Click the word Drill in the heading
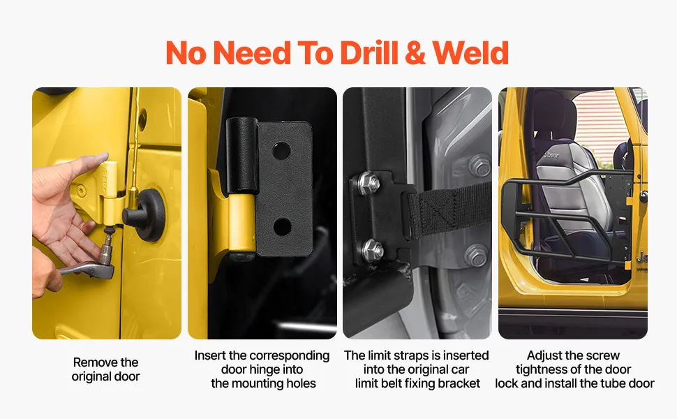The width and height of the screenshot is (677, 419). [x=369, y=53]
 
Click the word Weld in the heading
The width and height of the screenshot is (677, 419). [x=470, y=53]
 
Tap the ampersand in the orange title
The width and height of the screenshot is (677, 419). [x=415, y=53]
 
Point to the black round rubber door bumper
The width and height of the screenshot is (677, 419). [x=146, y=214]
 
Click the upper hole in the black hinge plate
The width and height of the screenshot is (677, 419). [x=281, y=150]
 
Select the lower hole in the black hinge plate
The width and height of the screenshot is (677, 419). [x=282, y=226]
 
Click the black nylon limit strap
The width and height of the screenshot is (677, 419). [x=449, y=209]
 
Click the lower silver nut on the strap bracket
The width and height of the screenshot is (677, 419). [x=372, y=250]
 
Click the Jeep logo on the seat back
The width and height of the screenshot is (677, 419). [x=551, y=154]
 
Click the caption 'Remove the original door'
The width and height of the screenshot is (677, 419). [x=106, y=369]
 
